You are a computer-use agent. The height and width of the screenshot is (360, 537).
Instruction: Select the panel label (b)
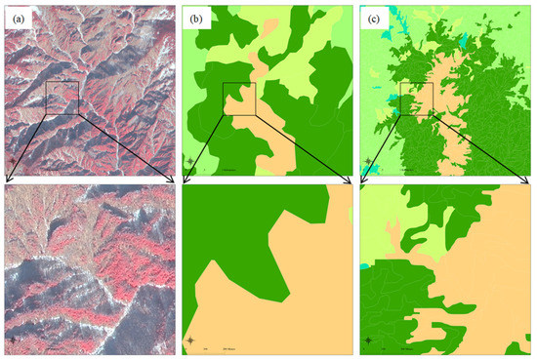(194, 15)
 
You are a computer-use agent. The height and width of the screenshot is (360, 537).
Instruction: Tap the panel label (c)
(372, 15)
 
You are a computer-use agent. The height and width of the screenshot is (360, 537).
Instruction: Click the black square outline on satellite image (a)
(62, 99)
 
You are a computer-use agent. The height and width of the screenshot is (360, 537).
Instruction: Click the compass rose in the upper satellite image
(13, 160)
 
